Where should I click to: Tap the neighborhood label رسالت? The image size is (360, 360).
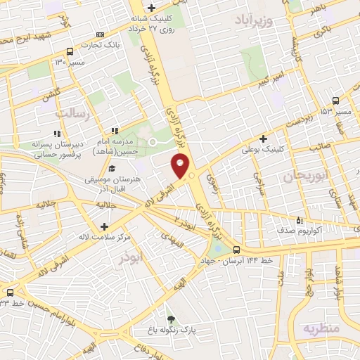click(72, 112)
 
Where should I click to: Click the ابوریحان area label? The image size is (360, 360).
click(302, 176)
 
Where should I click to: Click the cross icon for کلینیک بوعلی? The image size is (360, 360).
click(264, 139)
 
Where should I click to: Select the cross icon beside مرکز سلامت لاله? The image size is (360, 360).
click(104, 226)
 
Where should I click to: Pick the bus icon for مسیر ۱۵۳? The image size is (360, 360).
click(335, 101)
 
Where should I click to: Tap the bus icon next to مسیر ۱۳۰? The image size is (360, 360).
click(69, 51)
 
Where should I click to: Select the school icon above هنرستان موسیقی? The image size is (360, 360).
click(112, 169)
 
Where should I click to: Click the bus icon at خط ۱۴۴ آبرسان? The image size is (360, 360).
click(236, 250)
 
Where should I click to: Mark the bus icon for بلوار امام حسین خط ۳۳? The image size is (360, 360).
click(10, 292)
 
